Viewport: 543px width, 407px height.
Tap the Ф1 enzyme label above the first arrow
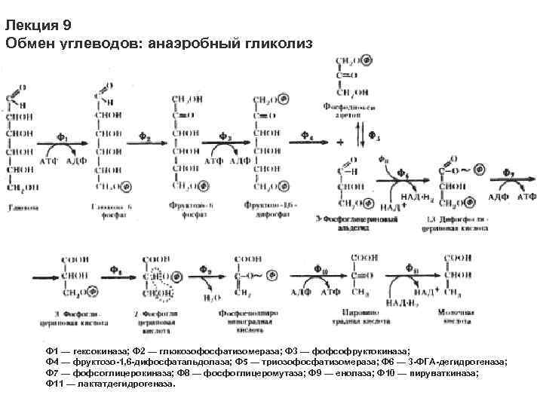(62, 138)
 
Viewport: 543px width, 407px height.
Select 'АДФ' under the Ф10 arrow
(303, 290)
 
